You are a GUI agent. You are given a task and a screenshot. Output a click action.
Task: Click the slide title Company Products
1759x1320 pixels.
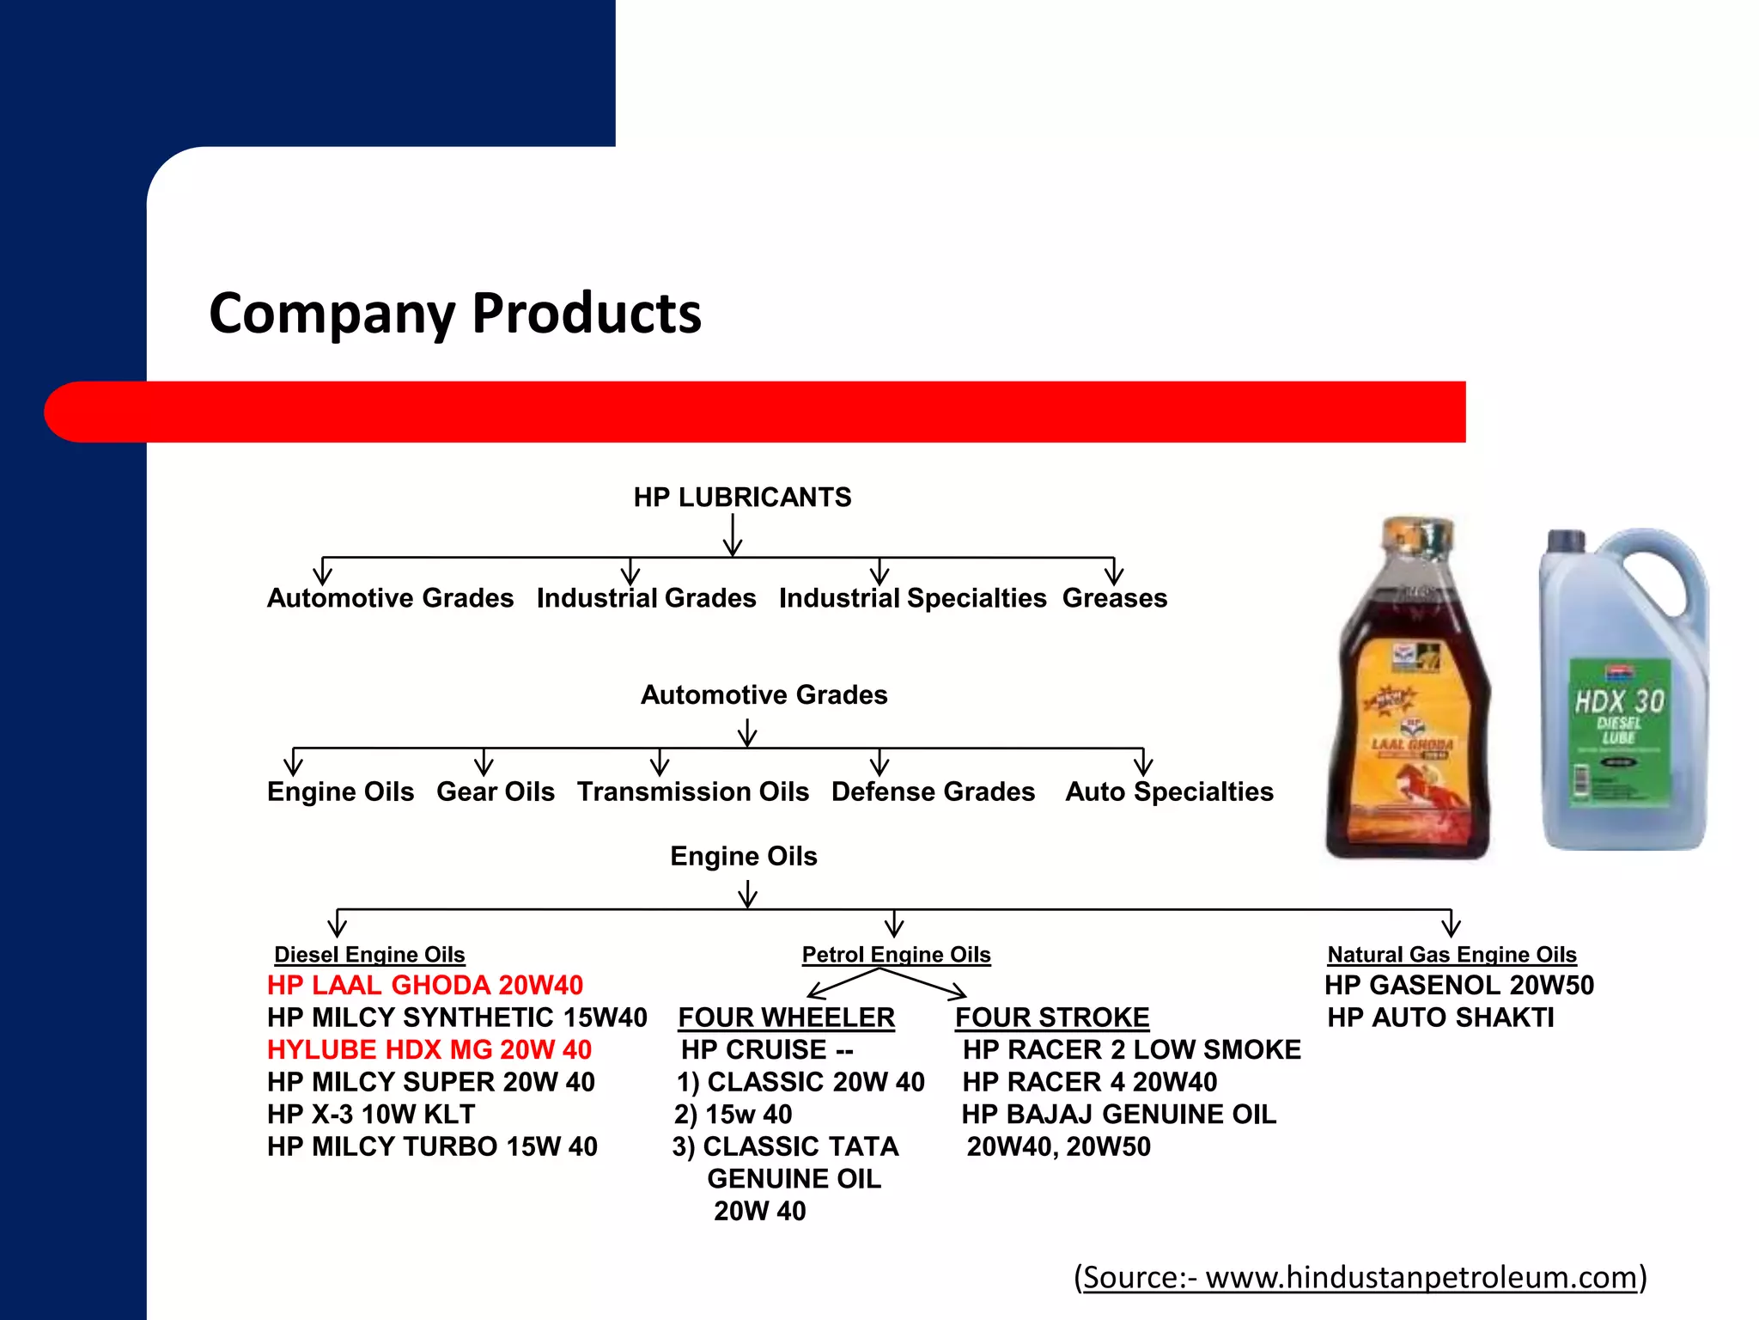(455, 313)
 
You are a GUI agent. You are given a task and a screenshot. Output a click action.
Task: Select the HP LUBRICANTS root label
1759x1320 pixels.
(742, 498)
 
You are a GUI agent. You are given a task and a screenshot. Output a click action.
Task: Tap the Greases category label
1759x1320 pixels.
(1114, 598)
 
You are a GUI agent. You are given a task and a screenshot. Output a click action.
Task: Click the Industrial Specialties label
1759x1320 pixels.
(912, 598)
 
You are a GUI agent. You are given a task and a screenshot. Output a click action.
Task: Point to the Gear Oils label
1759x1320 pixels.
(495, 791)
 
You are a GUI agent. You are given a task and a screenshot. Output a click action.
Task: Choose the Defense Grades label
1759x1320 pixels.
(933, 791)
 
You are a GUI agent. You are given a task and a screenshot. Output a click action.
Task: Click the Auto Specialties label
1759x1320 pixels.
(1169, 791)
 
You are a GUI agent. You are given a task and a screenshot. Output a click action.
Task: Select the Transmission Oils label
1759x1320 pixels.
(692, 791)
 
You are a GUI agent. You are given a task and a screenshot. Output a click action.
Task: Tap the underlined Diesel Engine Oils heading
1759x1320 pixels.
(369, 955)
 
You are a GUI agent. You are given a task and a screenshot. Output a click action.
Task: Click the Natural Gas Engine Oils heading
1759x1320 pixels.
(1452, 955)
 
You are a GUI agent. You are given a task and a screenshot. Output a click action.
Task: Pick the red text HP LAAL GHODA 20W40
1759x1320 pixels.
(425, 985)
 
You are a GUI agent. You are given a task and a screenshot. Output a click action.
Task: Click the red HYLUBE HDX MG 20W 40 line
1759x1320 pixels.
(429, 1049)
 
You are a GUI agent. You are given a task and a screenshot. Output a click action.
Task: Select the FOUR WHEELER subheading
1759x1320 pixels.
(786, 1017)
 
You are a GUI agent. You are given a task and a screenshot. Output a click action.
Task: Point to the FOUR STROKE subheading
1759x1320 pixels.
(1052, 1017)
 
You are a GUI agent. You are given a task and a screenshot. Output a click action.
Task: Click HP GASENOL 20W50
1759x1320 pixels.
(1458, 985)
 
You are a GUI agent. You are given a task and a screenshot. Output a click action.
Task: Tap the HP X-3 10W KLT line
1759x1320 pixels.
(371, 1115)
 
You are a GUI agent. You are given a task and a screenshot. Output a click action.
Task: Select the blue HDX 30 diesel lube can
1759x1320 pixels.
(1622, 692)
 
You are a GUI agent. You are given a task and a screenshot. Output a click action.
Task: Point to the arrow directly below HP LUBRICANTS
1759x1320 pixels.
(733, 535)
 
